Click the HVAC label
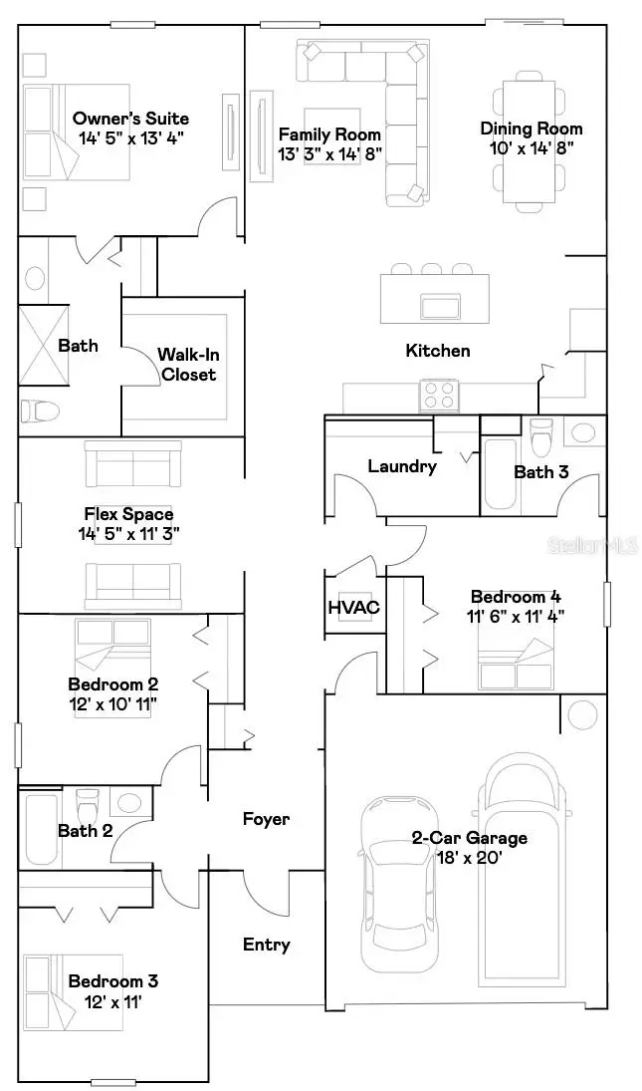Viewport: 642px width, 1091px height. point(353,608)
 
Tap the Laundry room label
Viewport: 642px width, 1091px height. point(402,466)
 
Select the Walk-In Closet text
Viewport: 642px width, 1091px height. point(188,365)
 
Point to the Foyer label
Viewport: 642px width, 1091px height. point(267,819)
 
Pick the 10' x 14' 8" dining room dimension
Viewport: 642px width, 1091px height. point(531,147)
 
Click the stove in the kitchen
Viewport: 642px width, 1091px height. point(437,397)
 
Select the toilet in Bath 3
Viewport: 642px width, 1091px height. point(541,436)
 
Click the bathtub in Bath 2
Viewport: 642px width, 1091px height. point(41,829)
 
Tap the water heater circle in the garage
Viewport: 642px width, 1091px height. point(582,713)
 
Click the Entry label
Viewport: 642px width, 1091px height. point(267,945)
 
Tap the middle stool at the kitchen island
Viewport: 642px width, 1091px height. point(432,269)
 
